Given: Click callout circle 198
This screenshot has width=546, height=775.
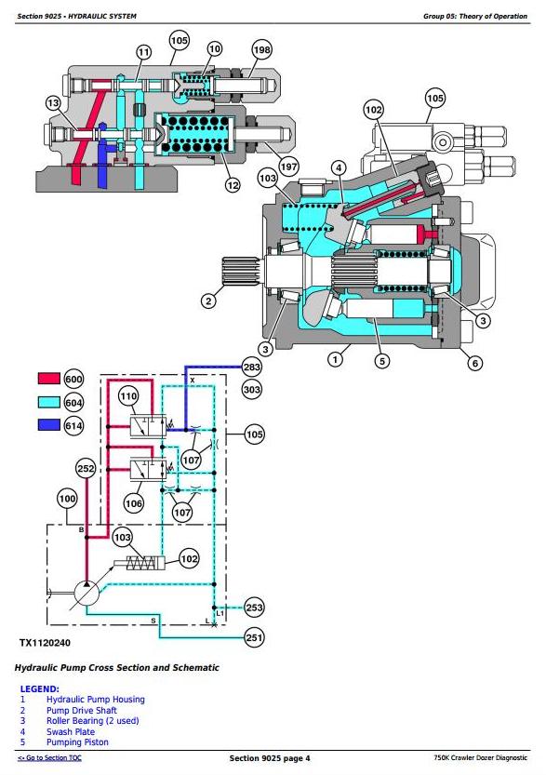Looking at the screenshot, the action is coord(262,49).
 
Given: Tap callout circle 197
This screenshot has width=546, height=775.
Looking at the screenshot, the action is coord(288,166).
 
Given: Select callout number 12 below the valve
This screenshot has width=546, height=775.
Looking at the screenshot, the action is coord(233,185).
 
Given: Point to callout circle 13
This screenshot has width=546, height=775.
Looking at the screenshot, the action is coord(53,104).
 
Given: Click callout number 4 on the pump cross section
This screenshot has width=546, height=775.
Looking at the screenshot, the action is coord(339,168).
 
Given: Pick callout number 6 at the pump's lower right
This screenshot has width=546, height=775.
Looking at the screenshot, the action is coord(475,363).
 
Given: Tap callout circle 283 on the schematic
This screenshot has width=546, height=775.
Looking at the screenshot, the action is coord(252,367).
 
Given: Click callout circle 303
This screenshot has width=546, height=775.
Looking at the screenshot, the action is coord(252,390).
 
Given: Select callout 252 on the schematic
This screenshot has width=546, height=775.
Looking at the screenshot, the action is coord(86,469).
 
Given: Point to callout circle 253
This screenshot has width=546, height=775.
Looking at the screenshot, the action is coord(254,608).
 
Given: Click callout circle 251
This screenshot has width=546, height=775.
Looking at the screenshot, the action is coord(254,637).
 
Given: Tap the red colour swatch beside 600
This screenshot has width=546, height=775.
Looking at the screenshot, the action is coord(49,379).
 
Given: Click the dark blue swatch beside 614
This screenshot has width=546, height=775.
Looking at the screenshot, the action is coord(49,424).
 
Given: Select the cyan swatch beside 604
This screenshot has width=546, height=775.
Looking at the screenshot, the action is coord(49,402).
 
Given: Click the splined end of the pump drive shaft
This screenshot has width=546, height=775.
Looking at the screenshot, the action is coord(241,273).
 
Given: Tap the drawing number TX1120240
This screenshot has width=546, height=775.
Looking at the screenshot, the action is coord(45,643).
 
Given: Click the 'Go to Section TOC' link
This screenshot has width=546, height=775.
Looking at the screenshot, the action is coord(50,757).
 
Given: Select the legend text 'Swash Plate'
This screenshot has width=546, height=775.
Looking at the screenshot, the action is coord(71,731).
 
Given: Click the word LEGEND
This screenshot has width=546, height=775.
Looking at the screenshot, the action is coord(39,688).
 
